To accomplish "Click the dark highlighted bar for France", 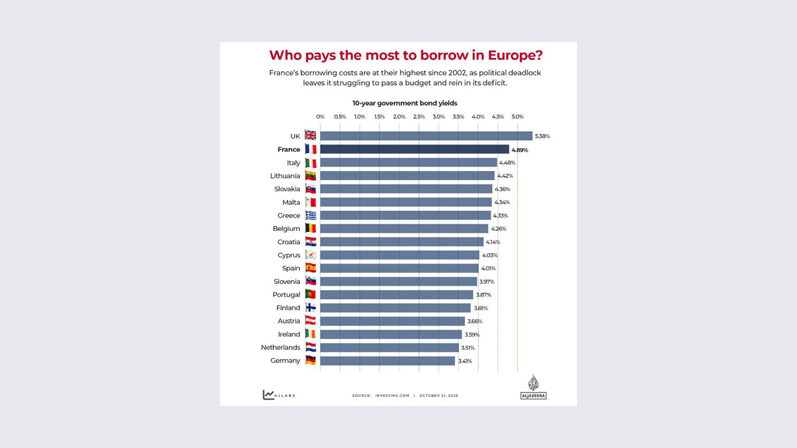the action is tap(414, 149).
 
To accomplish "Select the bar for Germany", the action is tap(387, 361).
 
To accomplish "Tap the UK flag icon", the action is tap(310, 135).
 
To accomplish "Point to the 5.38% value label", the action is tap(542, 136).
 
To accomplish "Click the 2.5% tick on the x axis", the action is tap(419, 117).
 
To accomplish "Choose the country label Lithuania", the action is tap(285, 176).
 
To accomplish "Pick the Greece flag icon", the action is tap(310, 215).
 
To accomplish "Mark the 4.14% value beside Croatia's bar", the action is tap(493, 242).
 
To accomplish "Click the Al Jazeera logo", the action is tap(533, 387).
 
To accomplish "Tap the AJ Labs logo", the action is tap(279, 395).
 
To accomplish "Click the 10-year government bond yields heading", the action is tap(404, 103).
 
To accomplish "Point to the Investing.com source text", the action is tap(392, 395).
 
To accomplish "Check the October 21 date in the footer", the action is tap(438, 395).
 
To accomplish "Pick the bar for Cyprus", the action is tap(400, 255).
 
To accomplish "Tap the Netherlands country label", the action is tap(281, 347).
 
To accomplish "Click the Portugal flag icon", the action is tap(310, 294).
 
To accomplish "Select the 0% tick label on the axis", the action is tap(320, 117).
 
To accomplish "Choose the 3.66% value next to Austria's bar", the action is tap(475, 321).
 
